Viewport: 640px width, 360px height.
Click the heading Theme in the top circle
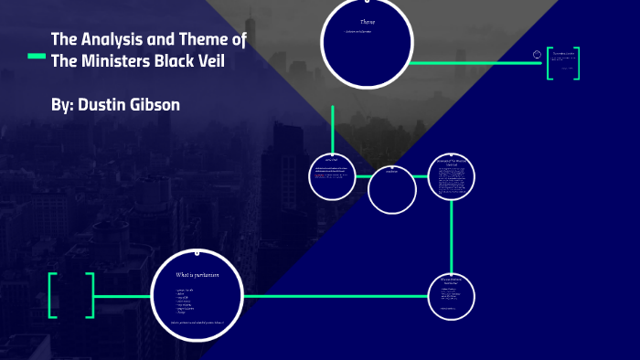[367, 21]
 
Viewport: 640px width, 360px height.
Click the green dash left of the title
[37, 57]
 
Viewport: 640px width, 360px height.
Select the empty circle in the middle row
[392, 189]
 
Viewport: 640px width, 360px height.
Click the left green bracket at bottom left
[53, 295]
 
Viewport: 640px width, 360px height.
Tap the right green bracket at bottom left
[90, 295]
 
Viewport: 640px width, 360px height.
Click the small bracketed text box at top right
[562, 62]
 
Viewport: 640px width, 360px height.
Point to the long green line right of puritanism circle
[338, 295]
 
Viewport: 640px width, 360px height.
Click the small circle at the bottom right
[452, 294]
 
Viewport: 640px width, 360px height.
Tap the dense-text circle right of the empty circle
[452, 178]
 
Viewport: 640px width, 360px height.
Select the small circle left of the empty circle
[332, 175]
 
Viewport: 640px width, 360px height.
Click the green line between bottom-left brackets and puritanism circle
[122, 295]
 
